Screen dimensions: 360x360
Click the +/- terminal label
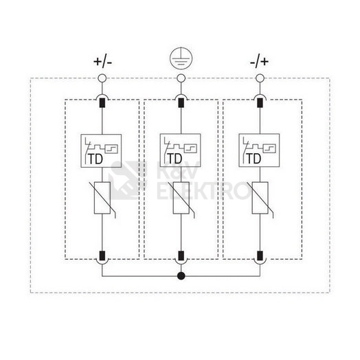tap(102, 62)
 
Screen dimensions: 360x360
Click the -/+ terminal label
tap(259, 62)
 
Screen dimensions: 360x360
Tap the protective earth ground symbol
tap(181, 58)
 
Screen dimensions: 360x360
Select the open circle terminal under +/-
tap(102, 78)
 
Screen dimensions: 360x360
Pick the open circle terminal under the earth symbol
tap(181, 78)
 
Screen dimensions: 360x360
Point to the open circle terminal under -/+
tap(260, 78)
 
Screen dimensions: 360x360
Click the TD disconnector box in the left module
tap(101, 150)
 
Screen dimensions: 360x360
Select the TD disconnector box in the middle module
tap(180, 150)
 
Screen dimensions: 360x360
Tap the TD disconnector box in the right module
tap(259, 150)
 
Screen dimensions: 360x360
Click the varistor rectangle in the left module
tap(102, 198)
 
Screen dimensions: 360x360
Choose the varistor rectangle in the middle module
tap(181, 198)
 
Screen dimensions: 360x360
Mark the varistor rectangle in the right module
tap(260, 198)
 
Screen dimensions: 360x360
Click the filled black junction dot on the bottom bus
tap(181, 275)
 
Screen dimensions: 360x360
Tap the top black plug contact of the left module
tap(102, 102)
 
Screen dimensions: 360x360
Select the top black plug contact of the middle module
tap(181, 102)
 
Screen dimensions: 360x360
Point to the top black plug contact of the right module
tap(260, 102)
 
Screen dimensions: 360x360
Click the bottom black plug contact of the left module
tap(102, 256)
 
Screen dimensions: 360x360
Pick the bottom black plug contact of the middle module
tap(181, 256)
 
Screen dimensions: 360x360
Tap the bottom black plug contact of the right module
tap(260, 256)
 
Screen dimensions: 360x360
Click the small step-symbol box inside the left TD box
tap(111, 148)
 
